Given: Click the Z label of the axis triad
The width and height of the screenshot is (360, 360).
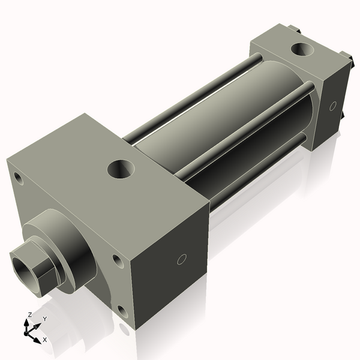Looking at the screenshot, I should tap(30, 314).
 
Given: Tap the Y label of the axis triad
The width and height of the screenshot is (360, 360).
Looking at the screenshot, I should tap(44, 319).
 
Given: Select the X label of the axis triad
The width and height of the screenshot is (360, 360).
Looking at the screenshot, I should tap(44, 340).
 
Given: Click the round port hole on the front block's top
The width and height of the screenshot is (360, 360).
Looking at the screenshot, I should tap(122, 168).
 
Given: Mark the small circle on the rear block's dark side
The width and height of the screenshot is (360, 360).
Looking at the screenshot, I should tap(333, 106).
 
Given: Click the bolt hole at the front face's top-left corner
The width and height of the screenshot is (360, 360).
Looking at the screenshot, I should tap(19, 178).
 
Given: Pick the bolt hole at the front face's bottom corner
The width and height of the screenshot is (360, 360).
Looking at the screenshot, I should tap(122, 311).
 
